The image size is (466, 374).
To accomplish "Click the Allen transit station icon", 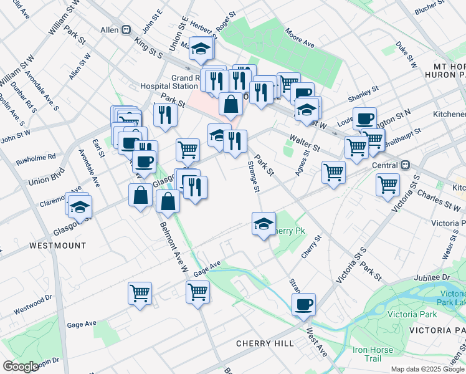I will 126,29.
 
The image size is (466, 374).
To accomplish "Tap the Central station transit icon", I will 405,165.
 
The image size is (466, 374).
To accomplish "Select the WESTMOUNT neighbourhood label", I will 58,246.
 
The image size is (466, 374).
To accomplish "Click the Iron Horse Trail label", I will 373,354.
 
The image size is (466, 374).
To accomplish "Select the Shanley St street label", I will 359,98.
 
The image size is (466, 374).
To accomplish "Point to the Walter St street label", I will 303,143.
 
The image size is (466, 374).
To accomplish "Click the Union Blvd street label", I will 46,178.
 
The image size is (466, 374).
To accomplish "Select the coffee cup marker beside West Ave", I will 303,305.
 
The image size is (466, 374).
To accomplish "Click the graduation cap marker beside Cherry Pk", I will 264,224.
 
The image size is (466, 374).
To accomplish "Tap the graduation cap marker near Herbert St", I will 201,49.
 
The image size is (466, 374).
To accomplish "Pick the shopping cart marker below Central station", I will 388,185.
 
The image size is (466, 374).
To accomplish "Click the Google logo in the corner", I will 21,367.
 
